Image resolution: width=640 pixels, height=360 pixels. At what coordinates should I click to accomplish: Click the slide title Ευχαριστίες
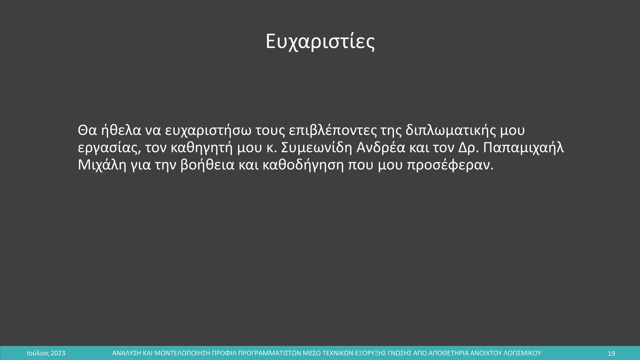click(320, 42)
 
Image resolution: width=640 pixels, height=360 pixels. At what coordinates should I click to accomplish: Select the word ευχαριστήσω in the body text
click(208, 131)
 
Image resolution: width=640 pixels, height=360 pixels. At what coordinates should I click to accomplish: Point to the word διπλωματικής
click(450, 131)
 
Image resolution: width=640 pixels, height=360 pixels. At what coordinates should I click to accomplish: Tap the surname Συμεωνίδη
click(317, 147)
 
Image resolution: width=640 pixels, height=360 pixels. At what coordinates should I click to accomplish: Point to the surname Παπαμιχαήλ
click(523, 148)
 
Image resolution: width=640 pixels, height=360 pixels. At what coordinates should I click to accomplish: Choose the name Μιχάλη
click(102, 165)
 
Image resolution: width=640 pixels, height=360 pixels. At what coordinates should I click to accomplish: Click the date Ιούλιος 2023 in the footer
click(46, 353)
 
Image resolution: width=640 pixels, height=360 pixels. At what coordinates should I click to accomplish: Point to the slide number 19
click(611, 353)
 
